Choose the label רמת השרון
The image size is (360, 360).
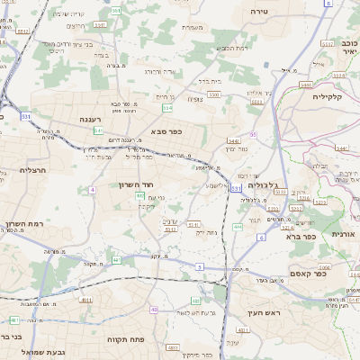click(x=24, y=225)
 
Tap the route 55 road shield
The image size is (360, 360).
click(x=254, y=133)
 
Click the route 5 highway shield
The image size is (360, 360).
click(x=200, y=267)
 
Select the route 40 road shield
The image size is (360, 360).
click(x=155, y=310)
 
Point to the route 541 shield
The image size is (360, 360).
click(x=98, y=130)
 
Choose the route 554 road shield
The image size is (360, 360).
click(x=166, y=108)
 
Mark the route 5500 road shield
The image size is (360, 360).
click(x=213, y=93)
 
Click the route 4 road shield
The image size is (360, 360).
click(x=92, y=190)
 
